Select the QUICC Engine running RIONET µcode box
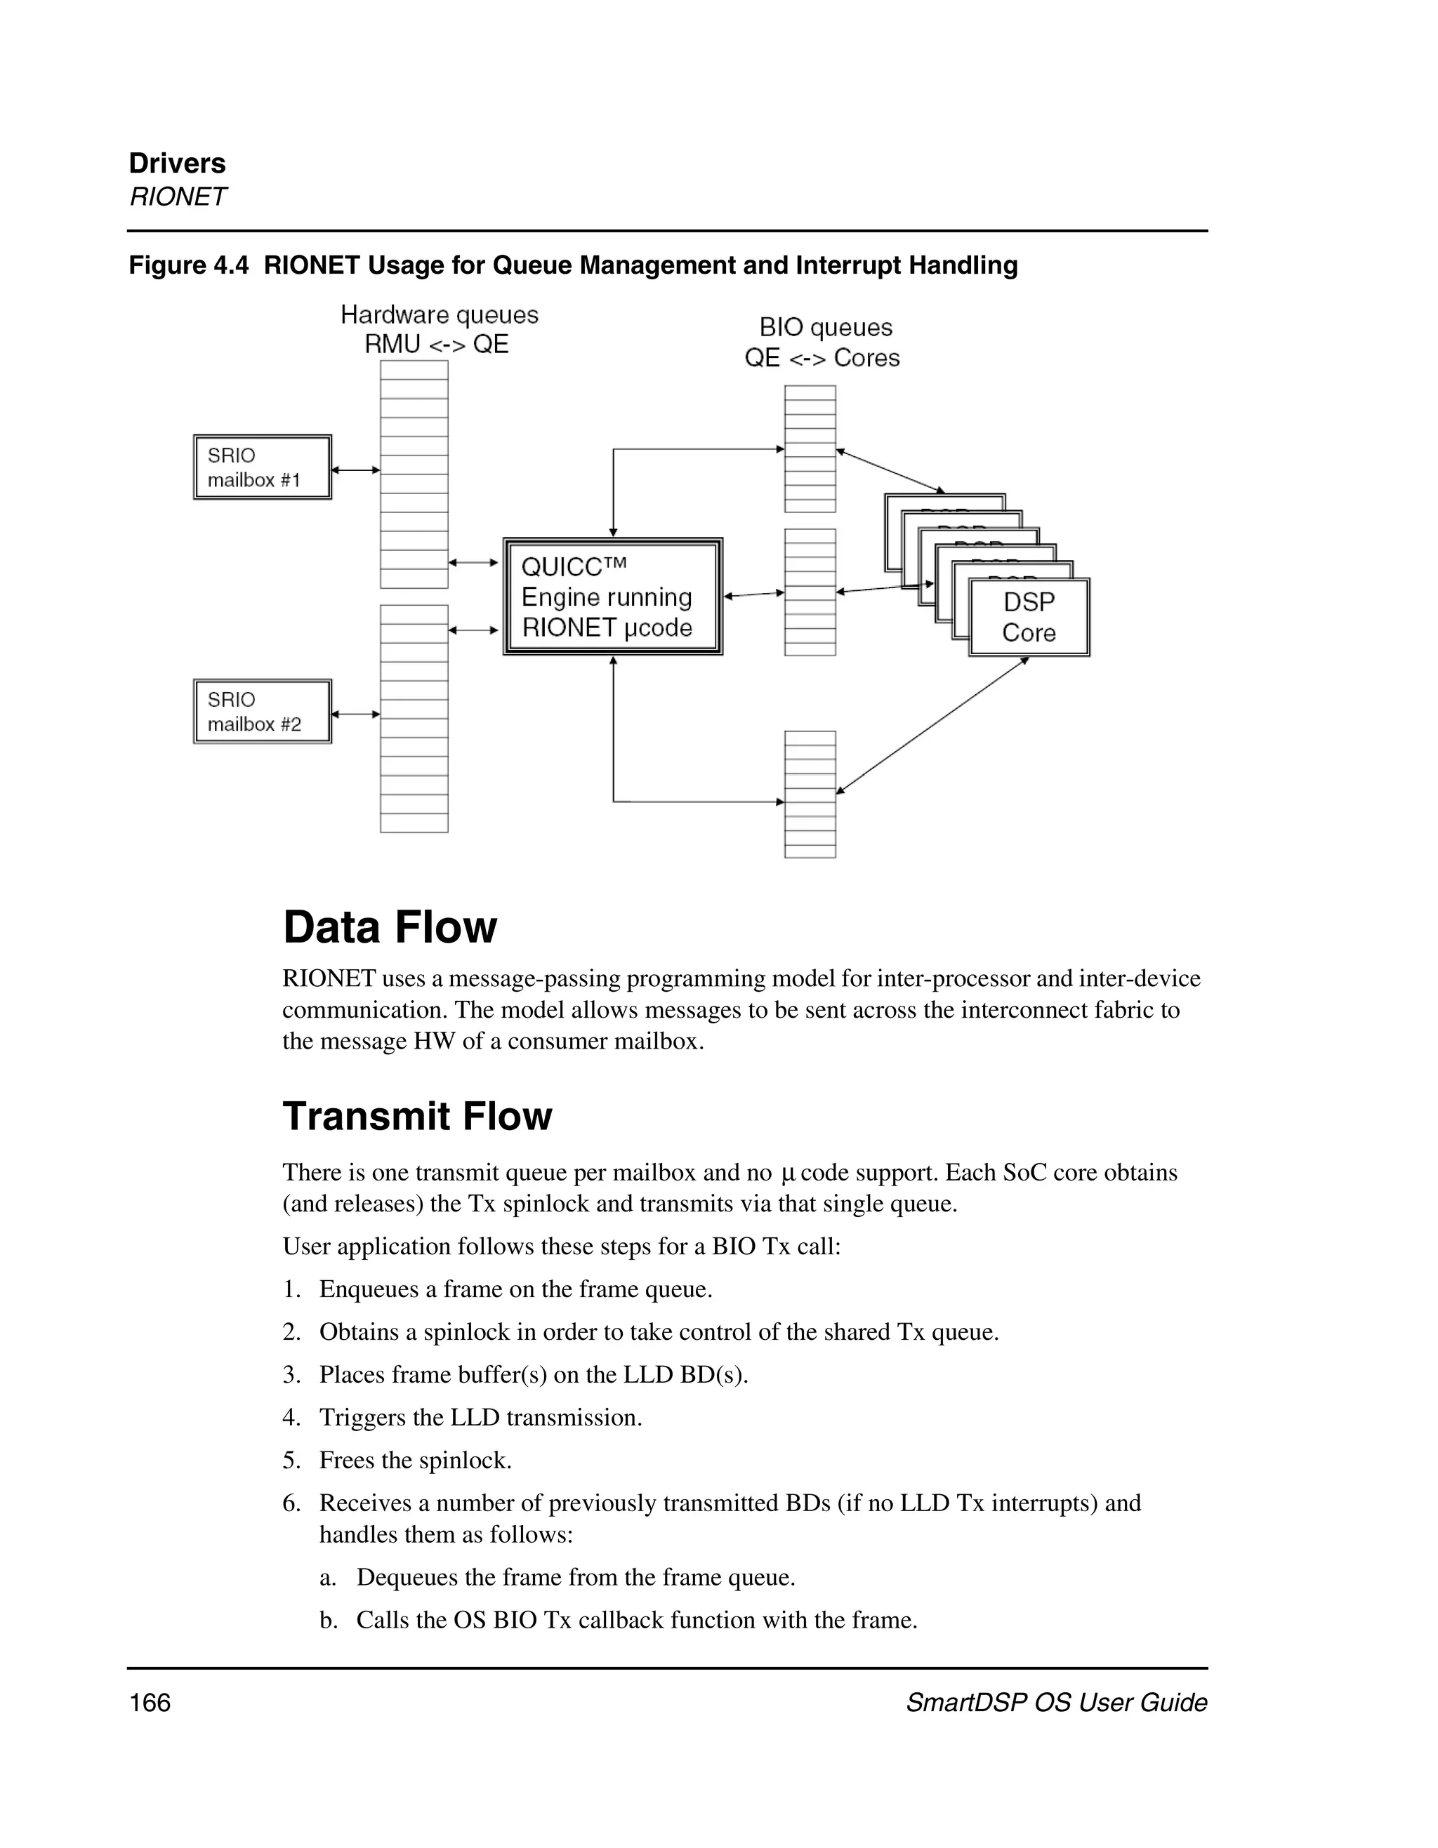(x=613, y=597)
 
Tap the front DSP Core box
(x=1029, y=618)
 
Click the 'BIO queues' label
(x=825, y=328)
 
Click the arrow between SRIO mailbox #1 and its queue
(x=355, y=470)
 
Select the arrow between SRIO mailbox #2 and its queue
(x=355, y=714)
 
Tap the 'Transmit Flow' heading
(x=416, y=1116)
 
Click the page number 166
(x=150, y=1703)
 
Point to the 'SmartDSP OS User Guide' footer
(x=1055, y=1703)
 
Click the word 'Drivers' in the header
(x=177, y=164)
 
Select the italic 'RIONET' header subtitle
(x=177, y=197)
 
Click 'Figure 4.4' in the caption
(x=188, y=266)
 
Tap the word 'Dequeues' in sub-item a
(x=398, y=1577)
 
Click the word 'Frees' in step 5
(x=346, y=1461)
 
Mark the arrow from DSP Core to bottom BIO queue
(x=931, y=725)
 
